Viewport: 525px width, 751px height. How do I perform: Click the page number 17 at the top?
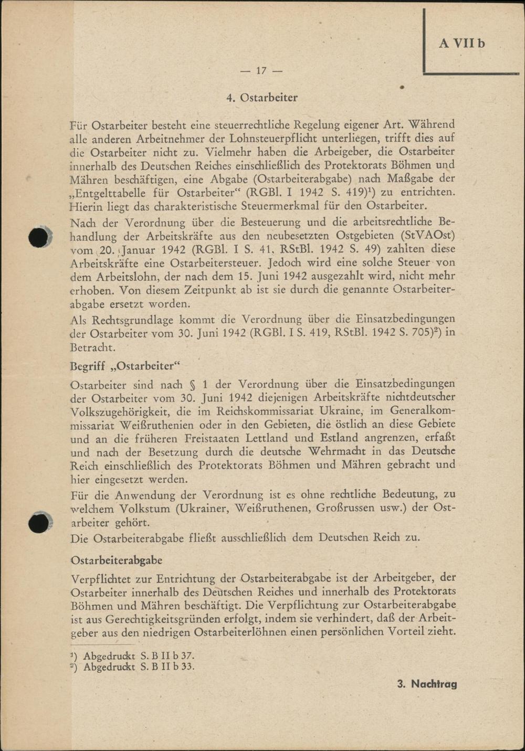[261, 71]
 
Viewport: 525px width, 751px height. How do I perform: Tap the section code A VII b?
[461, 43]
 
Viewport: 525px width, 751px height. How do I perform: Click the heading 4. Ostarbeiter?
[262, 98]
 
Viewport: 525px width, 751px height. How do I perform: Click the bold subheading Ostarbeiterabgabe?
[116, 560]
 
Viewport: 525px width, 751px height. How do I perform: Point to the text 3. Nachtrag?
[426, 684]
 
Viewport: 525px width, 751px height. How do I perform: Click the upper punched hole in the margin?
[38, 237]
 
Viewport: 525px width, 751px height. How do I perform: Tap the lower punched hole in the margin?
[38, 523]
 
